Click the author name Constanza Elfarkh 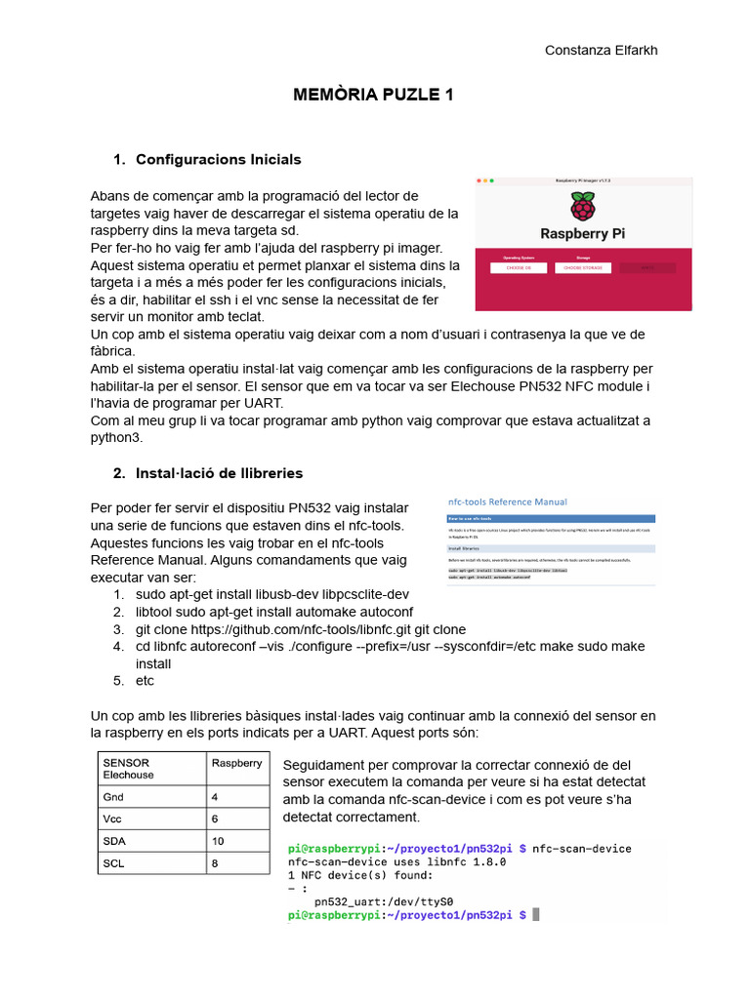tap(601, 51)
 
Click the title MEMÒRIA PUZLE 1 tap(374, 95)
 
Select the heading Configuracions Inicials tap(218, 159)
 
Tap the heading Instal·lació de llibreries tap(219, 473)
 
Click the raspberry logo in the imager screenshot tap(583, 207)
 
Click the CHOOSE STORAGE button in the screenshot tap(583, 267)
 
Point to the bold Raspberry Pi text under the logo tap(583, 234)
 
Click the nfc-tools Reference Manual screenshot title tap(507, 501)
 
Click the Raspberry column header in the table tap(236, 763)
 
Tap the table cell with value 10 tap(218, 841)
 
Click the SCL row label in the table tap(113, 863)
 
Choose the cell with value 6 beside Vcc tap(215, 819)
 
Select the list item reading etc tap(145, 680)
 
